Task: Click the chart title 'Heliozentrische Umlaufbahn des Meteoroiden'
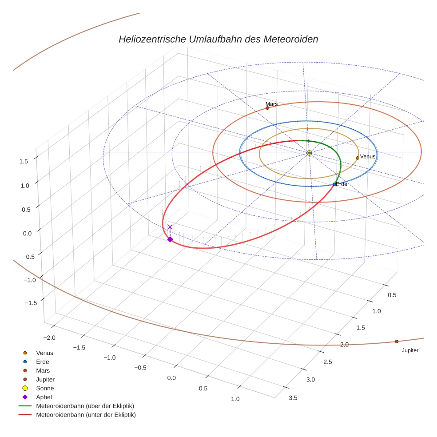click(218, 39)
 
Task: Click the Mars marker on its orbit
click(267, 108)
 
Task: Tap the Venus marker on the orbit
click(358, 158)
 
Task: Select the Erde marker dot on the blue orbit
click(334, 184)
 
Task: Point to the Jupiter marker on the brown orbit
click(397, 342)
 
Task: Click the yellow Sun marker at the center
click(310, 153)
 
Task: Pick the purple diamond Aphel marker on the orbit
click(170, 239)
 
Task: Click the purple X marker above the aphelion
click(170, 227)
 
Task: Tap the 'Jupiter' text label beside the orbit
click(410, 350)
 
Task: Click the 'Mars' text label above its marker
click(272, 104)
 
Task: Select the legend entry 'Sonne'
click(45, 388)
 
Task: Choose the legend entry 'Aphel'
click(44, 397)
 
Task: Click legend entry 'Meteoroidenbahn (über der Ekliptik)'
click(85, 406)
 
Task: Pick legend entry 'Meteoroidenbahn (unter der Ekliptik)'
click(86, 415)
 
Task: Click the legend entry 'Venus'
click(45, 353)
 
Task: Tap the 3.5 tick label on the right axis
click(293, 397)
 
